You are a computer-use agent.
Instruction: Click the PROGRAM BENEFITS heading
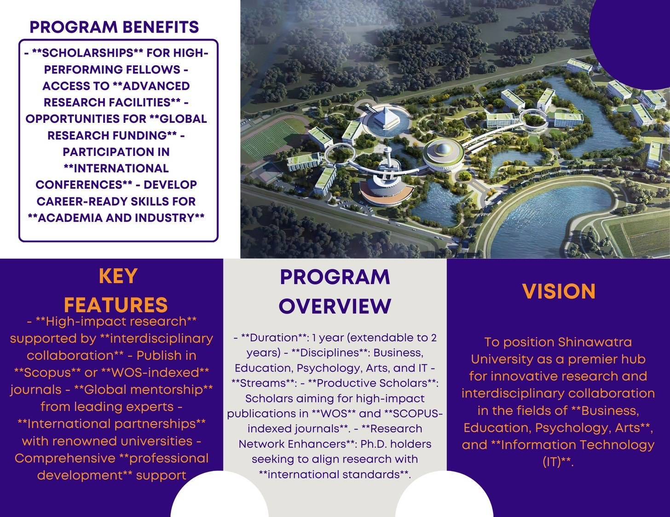click(x=115, y=27)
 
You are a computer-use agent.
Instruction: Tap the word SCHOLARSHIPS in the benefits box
click(x=88, y=53)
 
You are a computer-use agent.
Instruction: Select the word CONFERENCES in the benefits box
click(x=79, y=184)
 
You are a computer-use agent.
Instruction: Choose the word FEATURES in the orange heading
click(x=116, y=304)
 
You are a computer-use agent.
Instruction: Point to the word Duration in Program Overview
click(x=270, y=338)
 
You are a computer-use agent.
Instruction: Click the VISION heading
click(x=559, y=292)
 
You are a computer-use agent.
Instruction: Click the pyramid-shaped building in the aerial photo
click(x=386, y=116)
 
